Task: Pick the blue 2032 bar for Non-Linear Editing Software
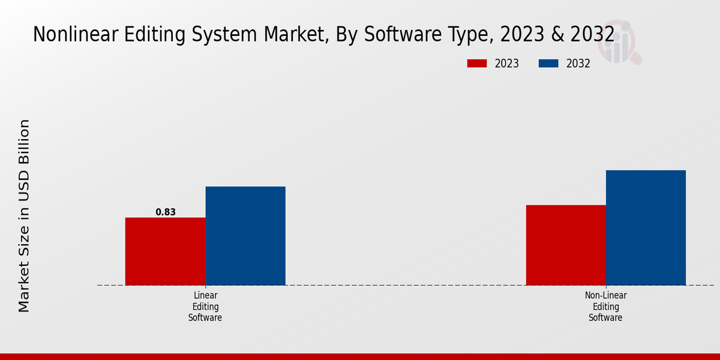point(646,227)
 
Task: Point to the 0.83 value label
point(166,212)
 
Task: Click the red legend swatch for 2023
point(477,64)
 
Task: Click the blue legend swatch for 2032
point(548,64)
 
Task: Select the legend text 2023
point(507,64)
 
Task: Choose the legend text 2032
point(578,64)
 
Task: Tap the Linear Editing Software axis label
point(205,307)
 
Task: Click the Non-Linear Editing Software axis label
point(605,307)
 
